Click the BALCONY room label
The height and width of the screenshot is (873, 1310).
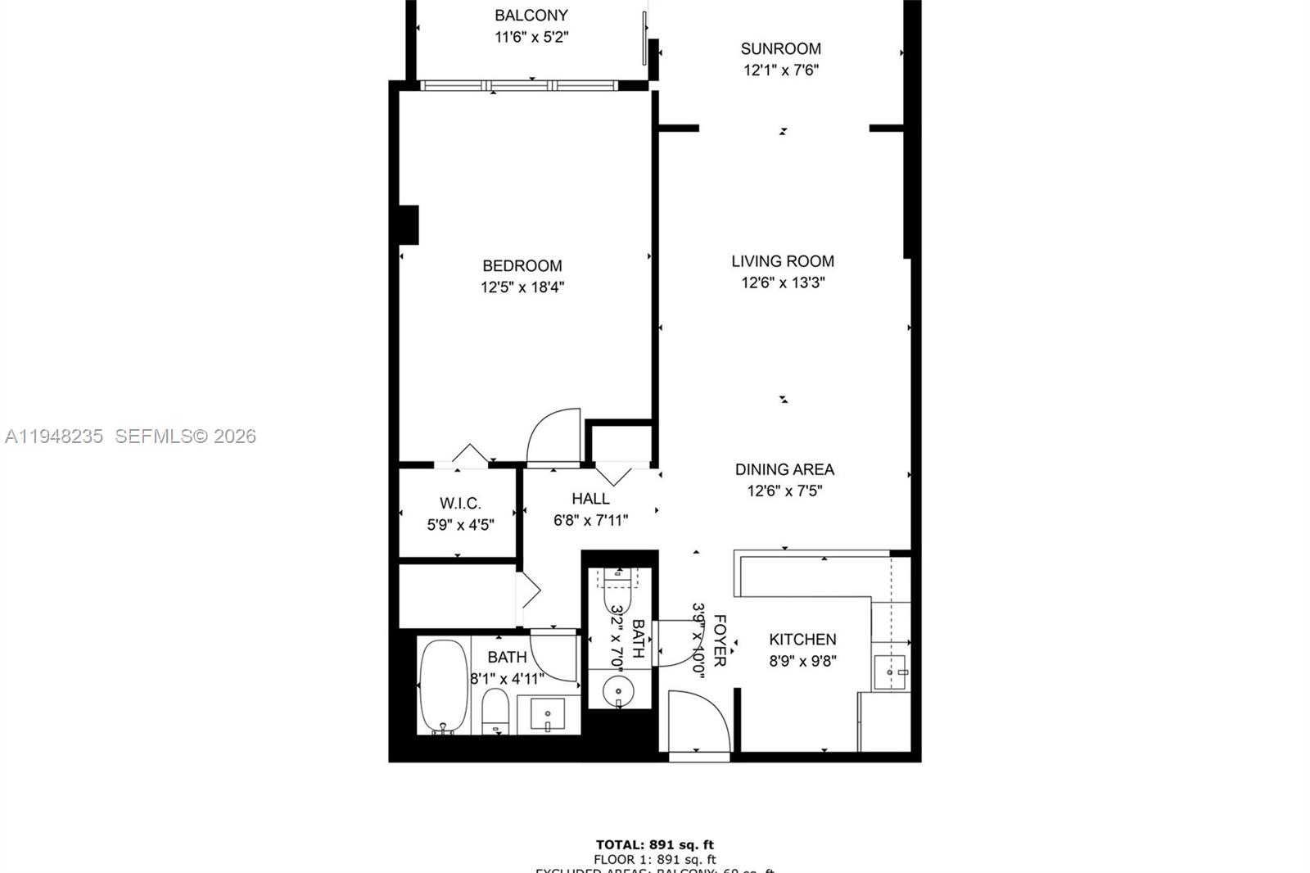tap(531, 16)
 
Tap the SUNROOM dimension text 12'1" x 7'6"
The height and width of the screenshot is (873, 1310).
tap(780, 70)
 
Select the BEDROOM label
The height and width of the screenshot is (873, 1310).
tap(522, 266)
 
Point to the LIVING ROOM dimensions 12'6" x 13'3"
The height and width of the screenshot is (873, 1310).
tap(783, 283)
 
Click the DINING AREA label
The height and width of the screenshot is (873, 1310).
tap(784, 470)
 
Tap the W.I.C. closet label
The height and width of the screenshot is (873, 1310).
tap(460, 504)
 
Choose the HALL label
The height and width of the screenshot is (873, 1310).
tap(590, 499)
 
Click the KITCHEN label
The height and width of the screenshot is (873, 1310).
tap(802, 640)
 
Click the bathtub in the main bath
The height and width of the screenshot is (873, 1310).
tap(444, 686)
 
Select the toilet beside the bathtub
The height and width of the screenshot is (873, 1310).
tap(495, 711)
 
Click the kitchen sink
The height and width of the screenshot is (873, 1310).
tap(889, 672)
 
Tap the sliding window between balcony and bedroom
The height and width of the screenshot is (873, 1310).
tap(518, 85)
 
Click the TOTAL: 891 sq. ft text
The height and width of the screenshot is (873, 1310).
tap(654, 845)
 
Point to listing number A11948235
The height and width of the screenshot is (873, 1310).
tap(54, 436)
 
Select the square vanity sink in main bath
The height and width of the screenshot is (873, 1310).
tap(546, 714)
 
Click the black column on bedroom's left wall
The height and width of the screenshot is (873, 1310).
tap(409, 225)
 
